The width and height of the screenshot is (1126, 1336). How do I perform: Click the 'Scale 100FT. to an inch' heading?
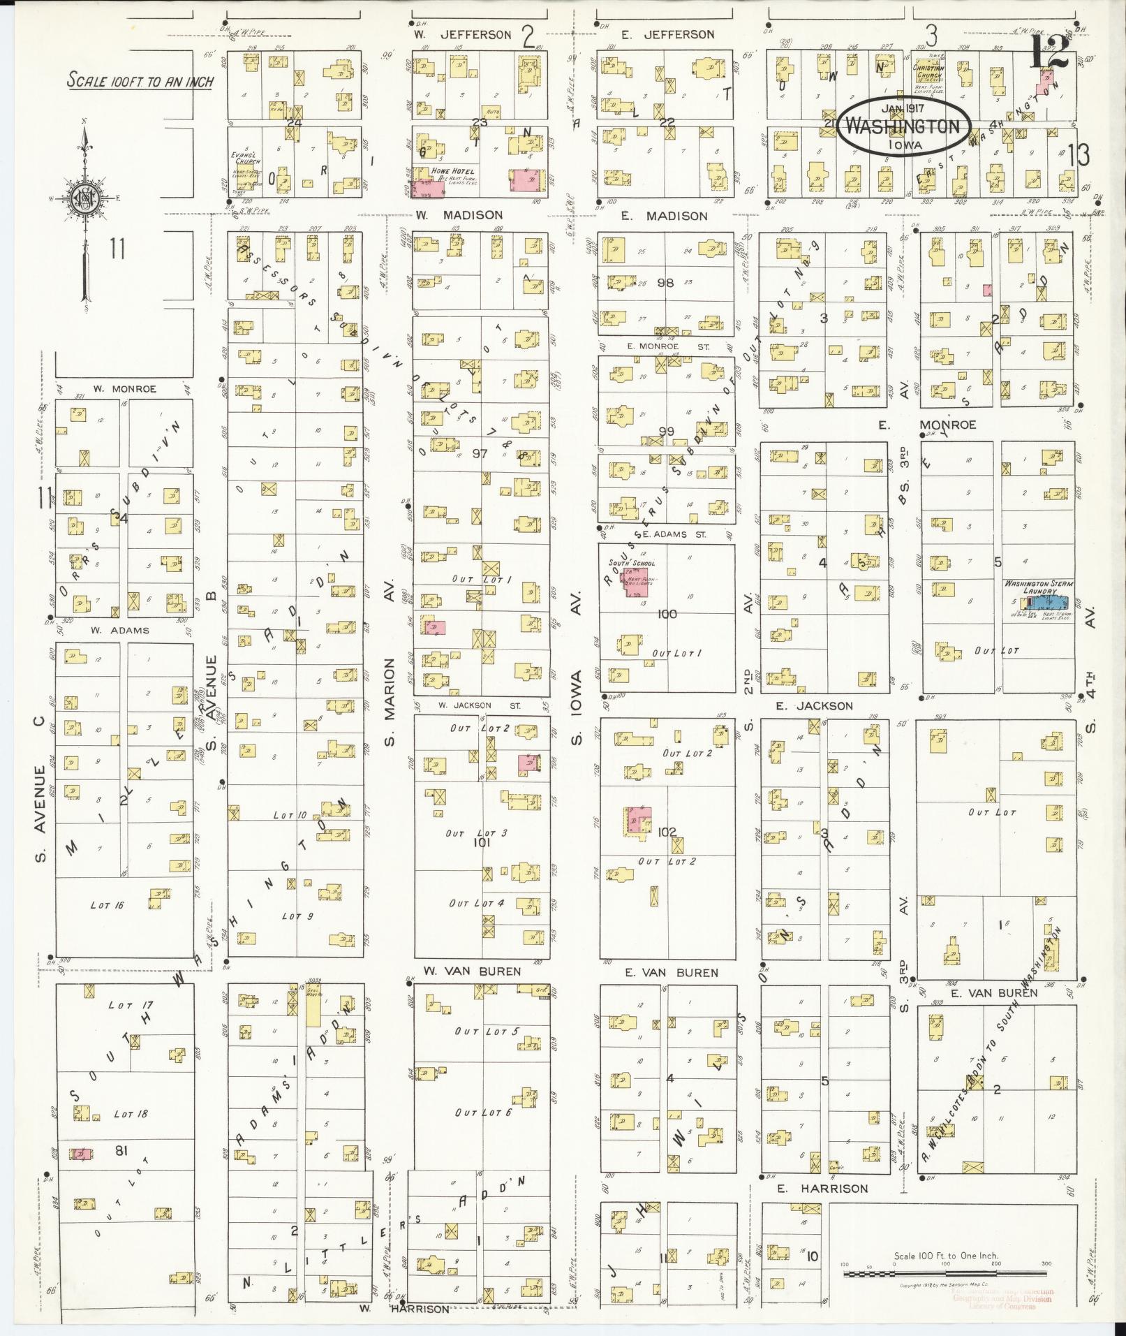click(140, 81)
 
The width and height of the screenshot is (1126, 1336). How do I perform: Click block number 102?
click(667, 832)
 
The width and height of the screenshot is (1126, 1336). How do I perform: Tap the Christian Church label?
click(928, 73)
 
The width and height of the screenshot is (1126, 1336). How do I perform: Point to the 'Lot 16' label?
click(107, 905)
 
